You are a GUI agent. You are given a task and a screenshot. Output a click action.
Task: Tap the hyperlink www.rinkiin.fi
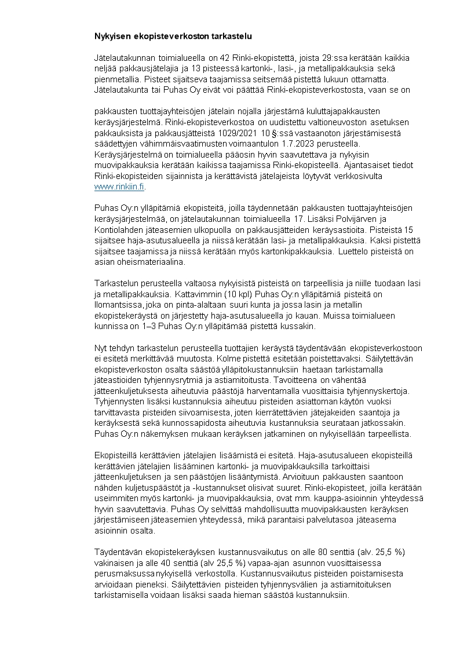click(x=119, y=187)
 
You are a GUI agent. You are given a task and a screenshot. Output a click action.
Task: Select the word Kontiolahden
click(x=116, y=229)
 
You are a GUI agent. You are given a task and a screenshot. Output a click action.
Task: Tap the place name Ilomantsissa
click(x=119, y=305)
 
